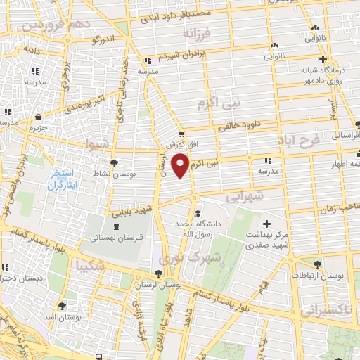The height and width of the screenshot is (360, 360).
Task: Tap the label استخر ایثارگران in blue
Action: tap(65, 180)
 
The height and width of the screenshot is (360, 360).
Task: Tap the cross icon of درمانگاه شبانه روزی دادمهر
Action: tap(323, 60)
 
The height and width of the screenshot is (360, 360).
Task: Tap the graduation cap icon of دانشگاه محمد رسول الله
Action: tap(198, 213)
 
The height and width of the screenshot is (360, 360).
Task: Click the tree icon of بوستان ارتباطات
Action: tap(317, 264)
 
